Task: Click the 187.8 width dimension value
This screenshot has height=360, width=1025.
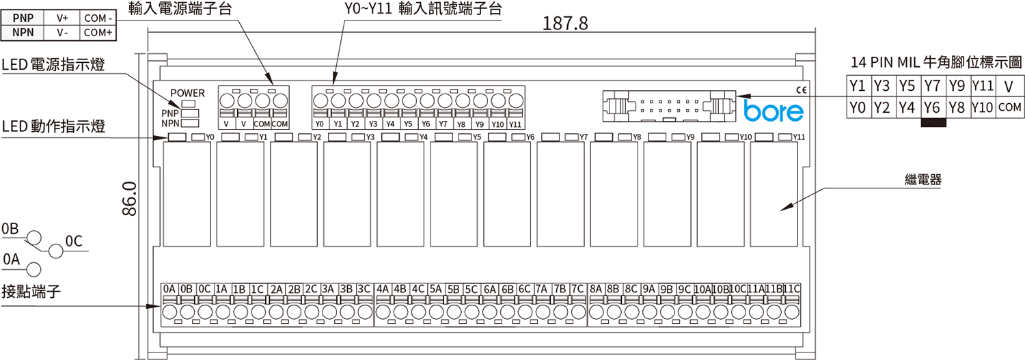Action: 564,23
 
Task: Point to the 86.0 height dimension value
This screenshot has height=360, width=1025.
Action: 130,199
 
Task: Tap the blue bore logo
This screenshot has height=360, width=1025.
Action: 774,111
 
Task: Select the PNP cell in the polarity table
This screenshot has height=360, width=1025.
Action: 23,18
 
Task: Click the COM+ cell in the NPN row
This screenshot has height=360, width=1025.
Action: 98,33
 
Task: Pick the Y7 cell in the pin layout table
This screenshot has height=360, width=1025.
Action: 932,85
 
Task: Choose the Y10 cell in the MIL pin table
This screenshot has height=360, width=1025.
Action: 982,107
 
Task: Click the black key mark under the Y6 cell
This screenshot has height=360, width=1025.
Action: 933,122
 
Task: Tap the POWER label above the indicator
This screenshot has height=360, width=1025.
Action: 188,93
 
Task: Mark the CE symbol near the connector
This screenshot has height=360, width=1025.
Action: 802,90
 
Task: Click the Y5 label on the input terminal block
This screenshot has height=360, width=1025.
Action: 408,124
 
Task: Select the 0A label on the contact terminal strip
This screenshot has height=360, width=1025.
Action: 169,289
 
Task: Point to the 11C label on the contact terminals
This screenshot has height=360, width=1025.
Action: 791,289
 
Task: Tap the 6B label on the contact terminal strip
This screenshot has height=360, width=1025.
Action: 508,289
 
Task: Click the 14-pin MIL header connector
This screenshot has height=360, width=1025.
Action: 669,106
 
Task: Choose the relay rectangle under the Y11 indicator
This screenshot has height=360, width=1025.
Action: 774,194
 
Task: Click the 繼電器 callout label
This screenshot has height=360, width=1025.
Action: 923,179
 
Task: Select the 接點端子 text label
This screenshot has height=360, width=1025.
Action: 31,291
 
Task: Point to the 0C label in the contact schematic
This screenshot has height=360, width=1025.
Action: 74,241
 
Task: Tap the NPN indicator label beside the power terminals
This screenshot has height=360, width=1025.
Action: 169,124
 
